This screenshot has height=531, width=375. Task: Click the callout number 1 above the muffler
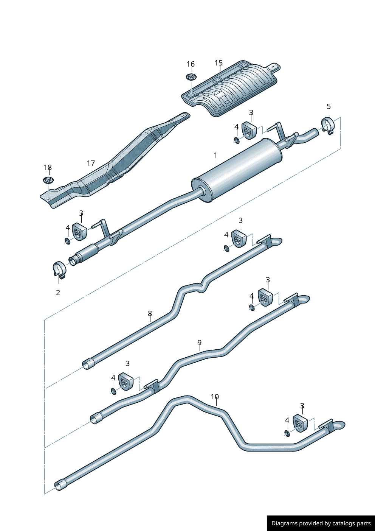[215, 156]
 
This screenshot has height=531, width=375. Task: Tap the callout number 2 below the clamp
[58, 293]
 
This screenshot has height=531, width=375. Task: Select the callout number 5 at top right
[329, 107]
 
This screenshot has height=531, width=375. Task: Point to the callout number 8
[150, 314]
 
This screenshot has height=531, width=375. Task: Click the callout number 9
[199, 343]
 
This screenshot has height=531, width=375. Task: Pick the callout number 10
[215, 397]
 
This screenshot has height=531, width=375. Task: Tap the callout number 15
[218, 63]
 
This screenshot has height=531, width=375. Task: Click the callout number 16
[191, 64]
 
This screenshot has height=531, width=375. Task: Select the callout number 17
[91, 164]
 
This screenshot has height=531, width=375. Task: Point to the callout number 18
[48, 168]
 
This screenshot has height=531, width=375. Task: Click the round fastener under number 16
[191, 77]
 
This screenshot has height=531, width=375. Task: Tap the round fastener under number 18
[48, 180]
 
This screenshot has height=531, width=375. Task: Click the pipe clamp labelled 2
[59, 269]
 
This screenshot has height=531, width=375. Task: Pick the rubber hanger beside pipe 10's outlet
[301, 423]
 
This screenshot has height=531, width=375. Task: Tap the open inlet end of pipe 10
[59, 486]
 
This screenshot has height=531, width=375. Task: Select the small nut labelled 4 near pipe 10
[287, 433]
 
